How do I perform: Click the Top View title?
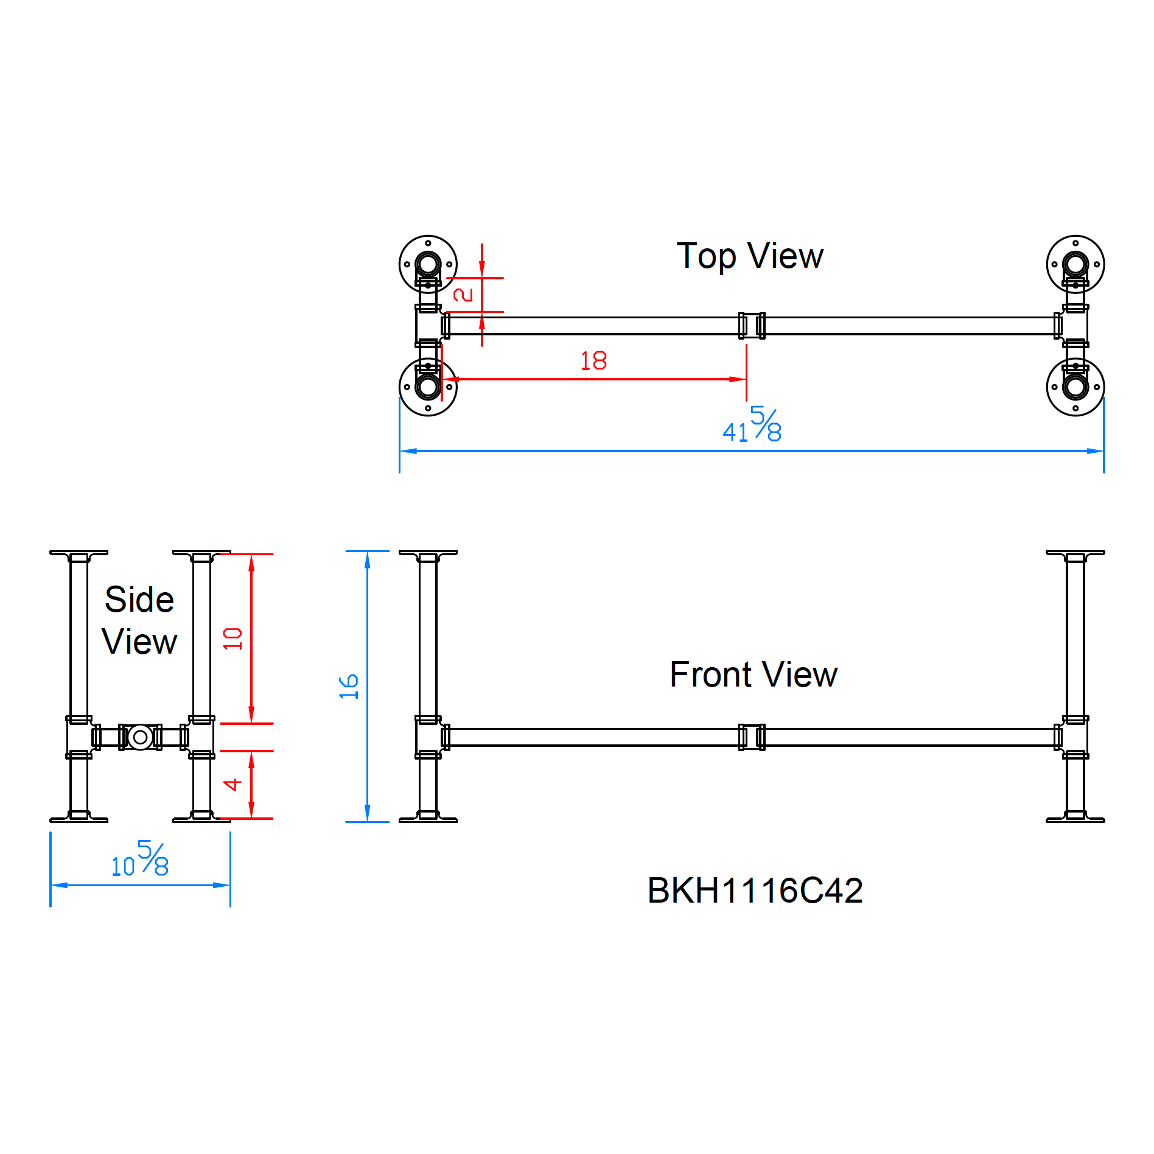pos(749,256)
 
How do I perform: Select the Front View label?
pos(753,674)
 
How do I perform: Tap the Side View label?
pos(139,620)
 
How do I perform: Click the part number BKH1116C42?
pos(755,890)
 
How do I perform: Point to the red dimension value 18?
pos(593,361)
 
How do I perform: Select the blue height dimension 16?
pos(349,687)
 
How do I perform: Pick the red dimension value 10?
pos(233,638)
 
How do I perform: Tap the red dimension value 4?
pos(233,785)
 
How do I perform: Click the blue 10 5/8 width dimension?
pos(140,859)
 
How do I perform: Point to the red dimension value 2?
pos(463,295)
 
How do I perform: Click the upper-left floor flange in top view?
pos(428,264)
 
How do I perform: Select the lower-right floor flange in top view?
pos(1075,387)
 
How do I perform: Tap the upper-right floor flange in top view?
pos(1075,264)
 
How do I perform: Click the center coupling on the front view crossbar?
pos(752,737)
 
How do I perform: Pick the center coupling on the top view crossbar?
pos(752,326)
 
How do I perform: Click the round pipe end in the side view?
pos(140,737)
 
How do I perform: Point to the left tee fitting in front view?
pos(428,737)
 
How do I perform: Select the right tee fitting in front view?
pos(1075,737)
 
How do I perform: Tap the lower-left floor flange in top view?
pos(428,387)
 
